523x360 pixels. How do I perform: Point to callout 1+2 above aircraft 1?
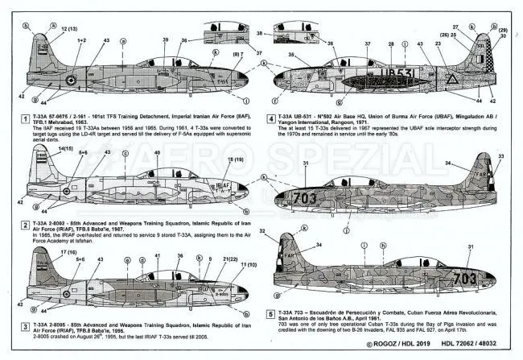click(x=81, y=39)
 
